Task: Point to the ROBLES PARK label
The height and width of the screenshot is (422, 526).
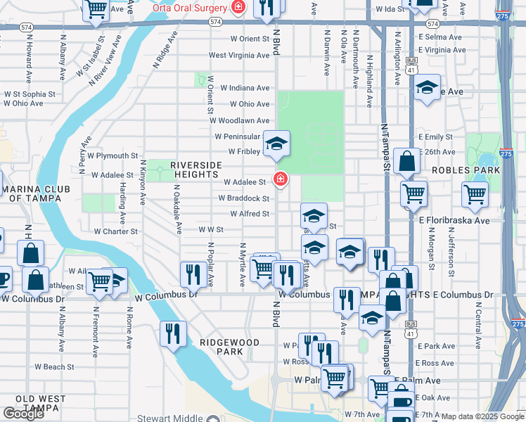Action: [x=466, y=170]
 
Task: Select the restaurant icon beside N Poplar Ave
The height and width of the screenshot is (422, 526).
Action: [x=193, y=273]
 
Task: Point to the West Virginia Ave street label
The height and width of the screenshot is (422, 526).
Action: [x=239, y=55]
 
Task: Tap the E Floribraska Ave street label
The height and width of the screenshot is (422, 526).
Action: [x=454, y=220]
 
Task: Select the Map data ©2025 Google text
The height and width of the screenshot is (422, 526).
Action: [x=482, y=416]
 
